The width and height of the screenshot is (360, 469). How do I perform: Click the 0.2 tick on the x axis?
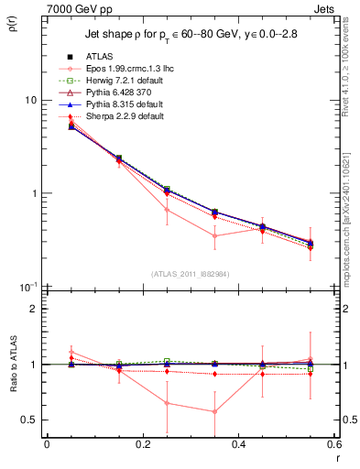[142, 445]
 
